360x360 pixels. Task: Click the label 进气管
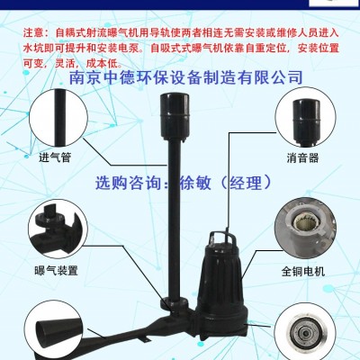(x=55, y=157)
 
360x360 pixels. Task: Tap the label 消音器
(x=302, y=157)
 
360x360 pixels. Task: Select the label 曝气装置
(x=57, y=271)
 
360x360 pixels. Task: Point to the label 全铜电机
(x=303, y=272)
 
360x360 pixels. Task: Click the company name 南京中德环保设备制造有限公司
(x=185, y=77)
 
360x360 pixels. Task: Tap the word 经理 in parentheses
(x=246, y=183)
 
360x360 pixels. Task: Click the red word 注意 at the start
(x=34, y=32)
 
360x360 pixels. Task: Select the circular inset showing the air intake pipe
(x=58, y=119)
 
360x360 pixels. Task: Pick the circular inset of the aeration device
(x=58, y=229)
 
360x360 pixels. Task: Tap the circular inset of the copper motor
(x=305, y=229)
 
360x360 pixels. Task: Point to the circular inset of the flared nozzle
(x=53, y=330)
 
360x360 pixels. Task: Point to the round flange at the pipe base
(x=174, y=304)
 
